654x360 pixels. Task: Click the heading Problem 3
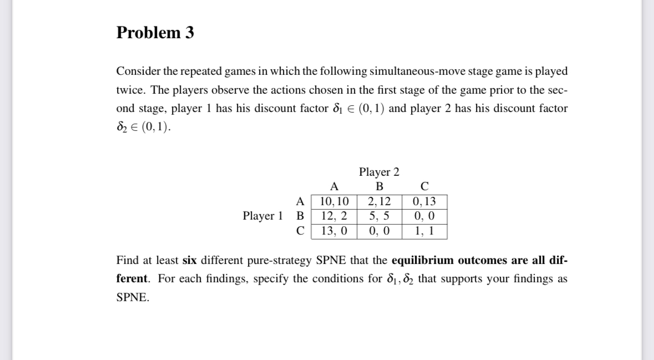tap(155, 33)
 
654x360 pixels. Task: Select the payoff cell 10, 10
tap(334, 201)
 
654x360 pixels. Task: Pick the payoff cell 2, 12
tap(379, 201)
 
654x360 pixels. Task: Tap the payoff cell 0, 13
tap(424, 201)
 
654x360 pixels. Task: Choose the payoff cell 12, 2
tap(334, 216)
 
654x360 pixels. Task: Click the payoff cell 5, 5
tap(379, 216)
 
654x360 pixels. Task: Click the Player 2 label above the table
tap(379, 172)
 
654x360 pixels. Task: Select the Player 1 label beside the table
tap(263, 216)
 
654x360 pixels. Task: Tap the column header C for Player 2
tap(424, 186)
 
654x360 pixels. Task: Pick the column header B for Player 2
tap(379, 186)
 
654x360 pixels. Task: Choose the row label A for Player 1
tap(301, 201)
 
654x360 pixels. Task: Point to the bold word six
tap(190, 260)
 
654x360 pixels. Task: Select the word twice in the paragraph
tap(129, 90)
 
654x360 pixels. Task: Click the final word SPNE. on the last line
tap(133, 297)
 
